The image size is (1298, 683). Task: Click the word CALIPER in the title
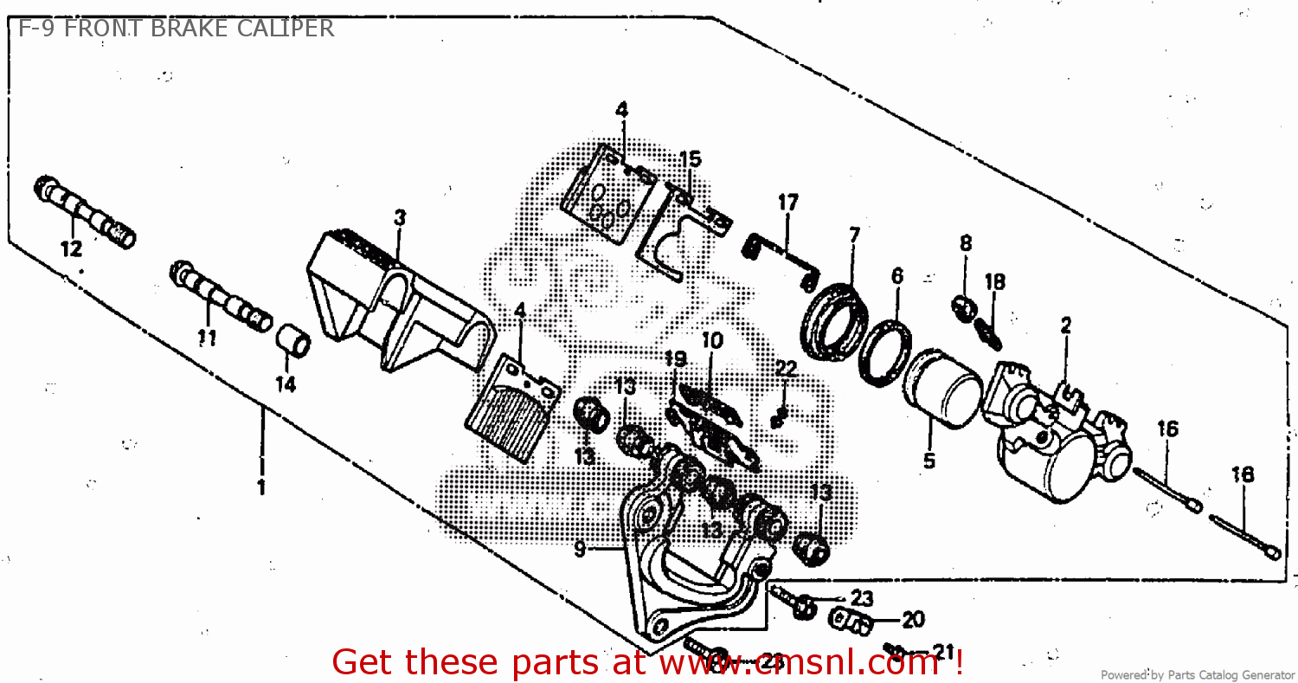280,29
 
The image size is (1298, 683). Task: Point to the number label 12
71,249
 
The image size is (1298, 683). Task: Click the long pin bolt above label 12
85,212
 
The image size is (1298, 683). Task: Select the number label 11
206,338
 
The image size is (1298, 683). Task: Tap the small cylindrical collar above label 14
292,341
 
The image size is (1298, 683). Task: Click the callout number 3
399,218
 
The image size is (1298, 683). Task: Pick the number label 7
854,235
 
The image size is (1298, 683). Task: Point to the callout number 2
1066,326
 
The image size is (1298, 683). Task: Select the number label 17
787,203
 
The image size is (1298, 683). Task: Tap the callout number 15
690,159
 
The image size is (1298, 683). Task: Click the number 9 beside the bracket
580,548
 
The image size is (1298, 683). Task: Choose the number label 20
913,620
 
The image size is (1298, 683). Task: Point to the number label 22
785,370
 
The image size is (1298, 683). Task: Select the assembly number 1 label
260,487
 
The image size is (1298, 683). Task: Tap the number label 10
711,340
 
